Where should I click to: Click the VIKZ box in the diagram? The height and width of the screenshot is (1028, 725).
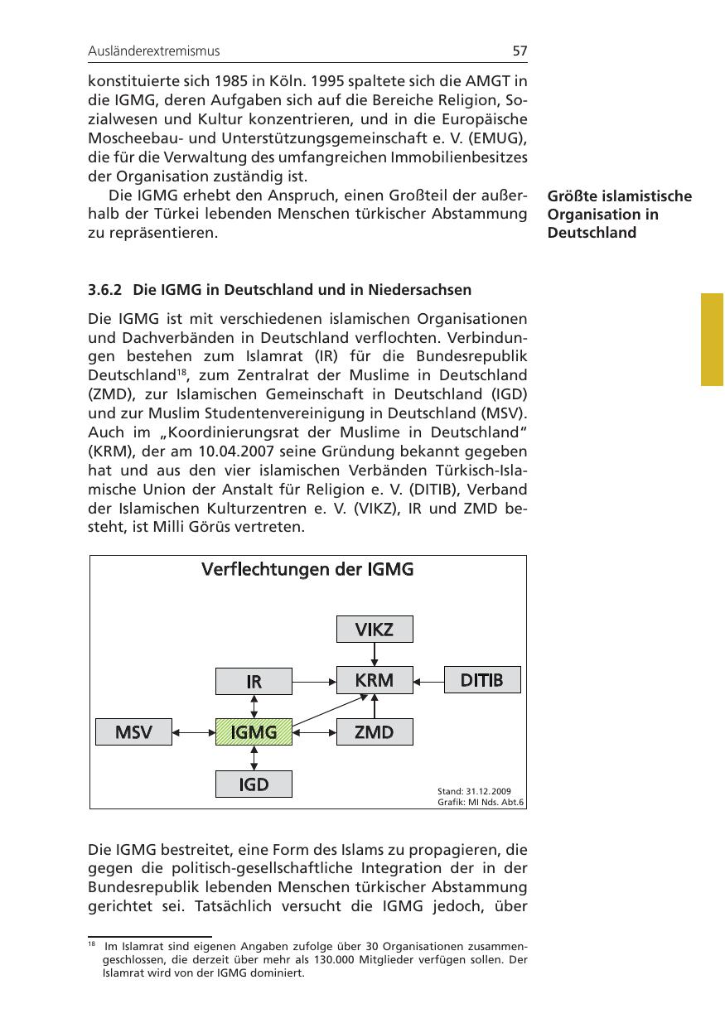click(375, 630)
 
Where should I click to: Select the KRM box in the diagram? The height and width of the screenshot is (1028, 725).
click(375, 680)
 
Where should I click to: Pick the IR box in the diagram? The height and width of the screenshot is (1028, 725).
click(254, 682)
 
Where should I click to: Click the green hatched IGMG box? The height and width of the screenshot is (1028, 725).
click(254, 732)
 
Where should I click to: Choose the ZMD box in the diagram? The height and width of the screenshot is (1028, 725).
click(375, 732)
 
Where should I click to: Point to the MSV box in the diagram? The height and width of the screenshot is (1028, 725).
click(133, 732)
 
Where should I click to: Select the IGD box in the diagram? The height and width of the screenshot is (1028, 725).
click(254, 784)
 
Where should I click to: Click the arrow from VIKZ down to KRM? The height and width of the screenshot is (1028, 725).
click(375, 654)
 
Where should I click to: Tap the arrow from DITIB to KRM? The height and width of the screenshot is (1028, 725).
click(429, 681)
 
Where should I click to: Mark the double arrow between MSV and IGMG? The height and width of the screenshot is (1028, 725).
click(194, 732)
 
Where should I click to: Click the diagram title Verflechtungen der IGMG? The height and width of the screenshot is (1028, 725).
click(307, 570)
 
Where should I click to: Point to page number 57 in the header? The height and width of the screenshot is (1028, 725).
click(520, 51)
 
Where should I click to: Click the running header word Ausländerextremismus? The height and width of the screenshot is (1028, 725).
click(154, 51)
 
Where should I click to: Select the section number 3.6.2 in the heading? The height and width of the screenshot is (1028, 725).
click(105, 290)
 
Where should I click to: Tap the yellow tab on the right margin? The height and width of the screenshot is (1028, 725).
click(713, 339)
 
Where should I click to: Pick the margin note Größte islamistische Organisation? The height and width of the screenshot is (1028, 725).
click(619, 215)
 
